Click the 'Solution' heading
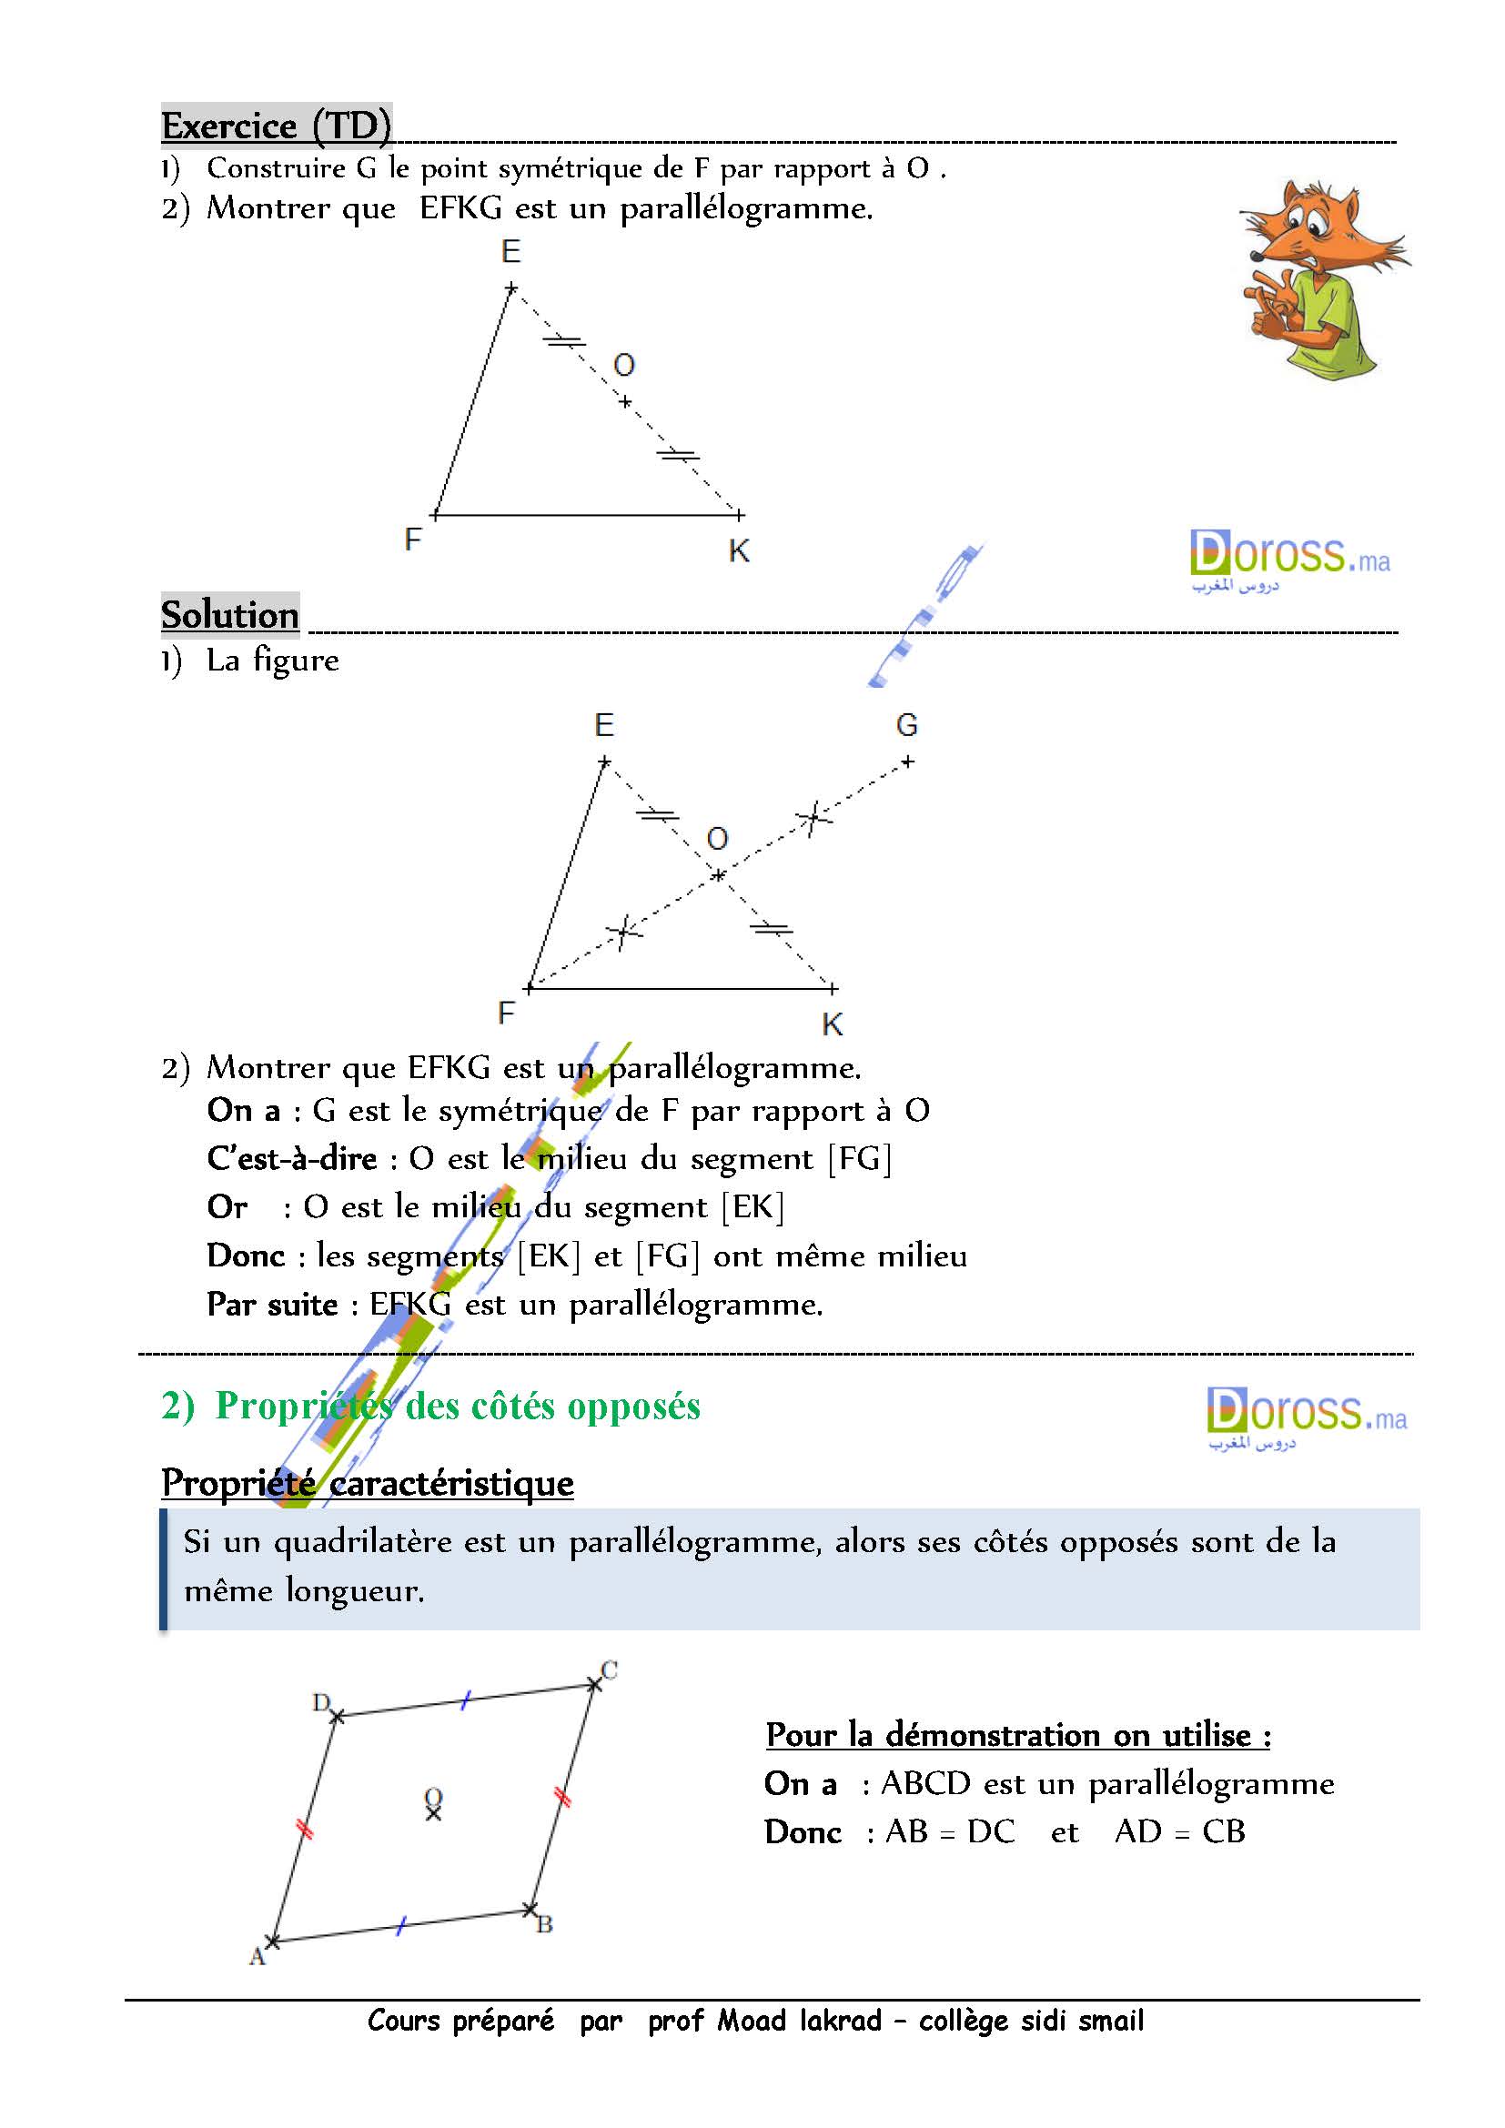click(230, 614)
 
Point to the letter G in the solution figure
click(906, 726)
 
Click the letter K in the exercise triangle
click(739, 551)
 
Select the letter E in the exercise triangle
click(510, 251)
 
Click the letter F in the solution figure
click(506, 1013)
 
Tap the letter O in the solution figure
click(717, 840)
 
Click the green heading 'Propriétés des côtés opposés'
click(457, 1406)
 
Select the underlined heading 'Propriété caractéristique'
click(367, 1483)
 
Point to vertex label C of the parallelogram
click(609, 1670)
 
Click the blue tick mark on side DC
click(466, 1699)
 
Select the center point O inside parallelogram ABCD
click(433, 1813)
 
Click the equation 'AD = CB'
click(1180, 1831)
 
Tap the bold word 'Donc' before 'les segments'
click(246, 1256)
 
